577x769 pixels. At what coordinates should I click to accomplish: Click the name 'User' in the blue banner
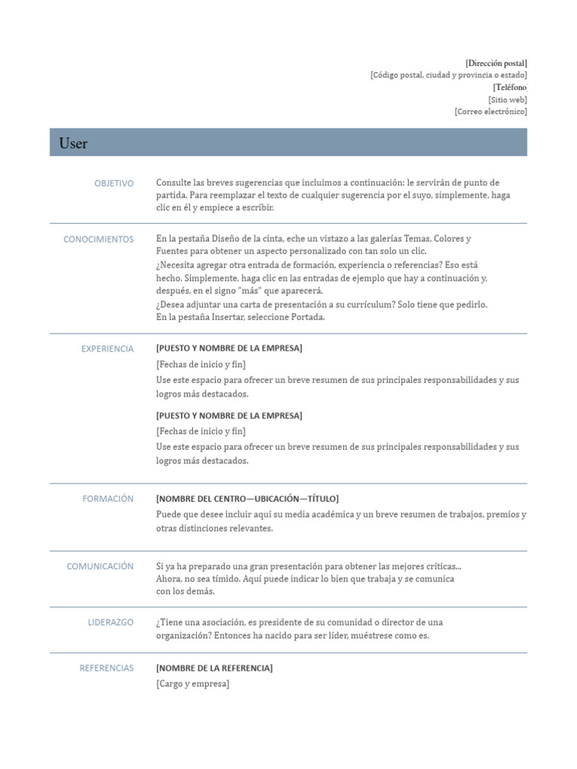[x=74, y=143]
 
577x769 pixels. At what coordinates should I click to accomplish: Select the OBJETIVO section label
[x=113, y=183]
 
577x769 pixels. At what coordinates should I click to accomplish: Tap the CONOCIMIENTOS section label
[x=98, y=240]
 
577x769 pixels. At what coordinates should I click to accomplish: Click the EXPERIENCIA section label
[x=107, y=348]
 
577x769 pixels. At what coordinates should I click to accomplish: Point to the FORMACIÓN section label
[x=108, y=499]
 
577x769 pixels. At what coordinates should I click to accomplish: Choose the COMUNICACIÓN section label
[x=100, y=566]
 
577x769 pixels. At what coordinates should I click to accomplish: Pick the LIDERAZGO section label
[x=110, y=623]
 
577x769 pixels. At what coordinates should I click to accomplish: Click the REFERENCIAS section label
[x=107, y=668]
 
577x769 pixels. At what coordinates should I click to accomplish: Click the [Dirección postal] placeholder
[x=496, y=63]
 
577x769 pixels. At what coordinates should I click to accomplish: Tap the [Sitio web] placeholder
[x=507, y=99]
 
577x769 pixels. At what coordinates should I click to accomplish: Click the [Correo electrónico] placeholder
[x=491, y=111]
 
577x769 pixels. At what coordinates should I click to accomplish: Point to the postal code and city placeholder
[x=449, y=75]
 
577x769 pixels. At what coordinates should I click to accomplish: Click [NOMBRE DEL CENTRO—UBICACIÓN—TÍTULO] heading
[x=247, y=499]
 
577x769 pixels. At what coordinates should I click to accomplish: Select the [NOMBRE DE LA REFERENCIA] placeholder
[x=214, y=668]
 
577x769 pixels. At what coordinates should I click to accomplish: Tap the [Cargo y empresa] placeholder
[x=192, y=683]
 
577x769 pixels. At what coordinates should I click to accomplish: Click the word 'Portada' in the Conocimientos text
[x=308, y=317]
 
